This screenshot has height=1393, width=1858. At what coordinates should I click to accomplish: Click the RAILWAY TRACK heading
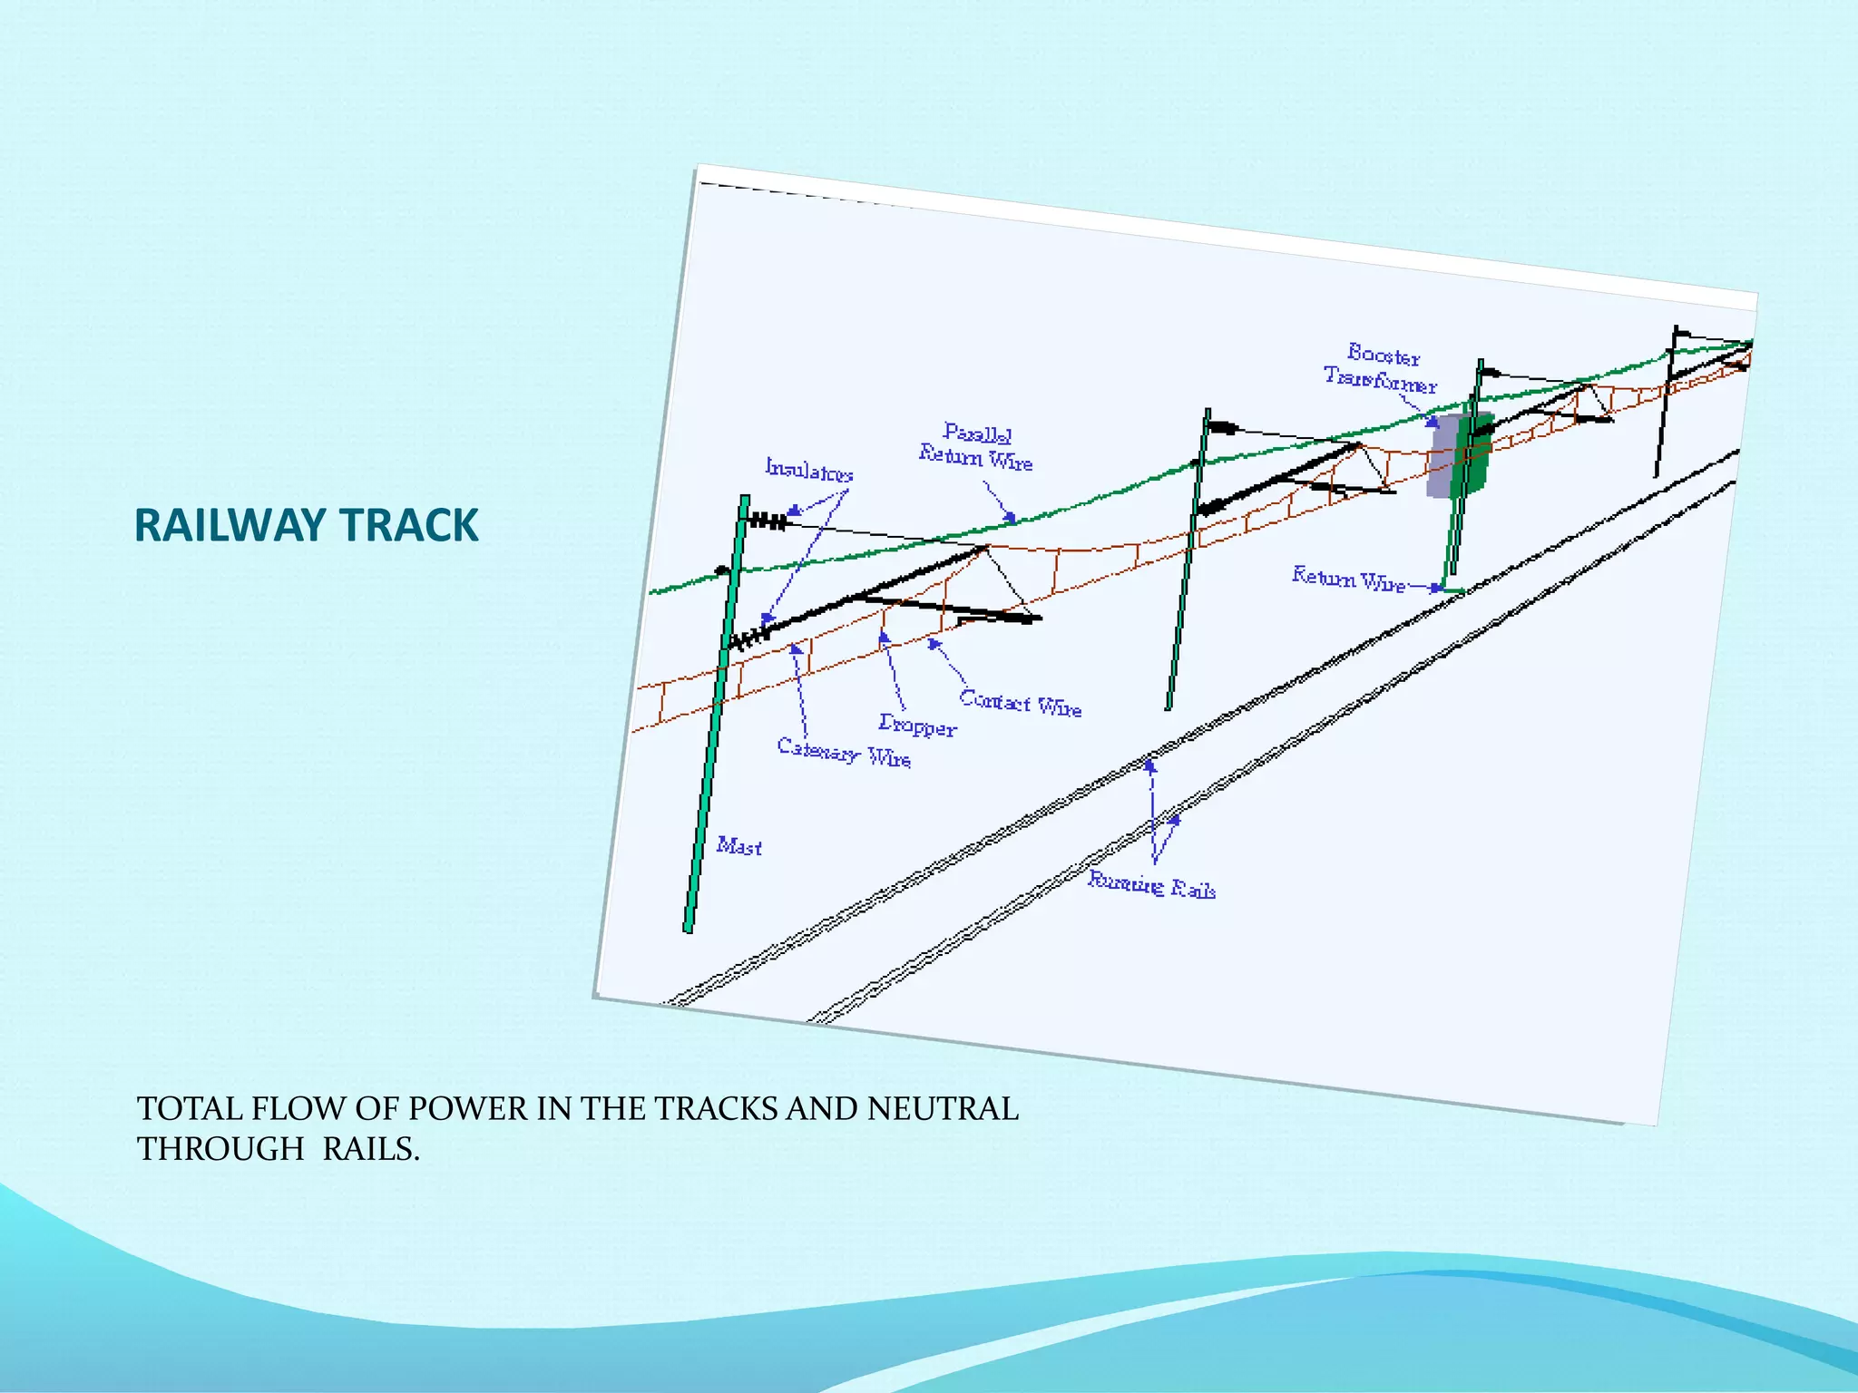tap(306, 526)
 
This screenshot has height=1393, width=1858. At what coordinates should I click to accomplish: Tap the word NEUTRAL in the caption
tap(943, 1108)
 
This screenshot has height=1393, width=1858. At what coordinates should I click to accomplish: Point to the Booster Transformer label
tap(1381, 368)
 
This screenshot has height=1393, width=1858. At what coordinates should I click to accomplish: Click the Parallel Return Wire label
tap(976, 446)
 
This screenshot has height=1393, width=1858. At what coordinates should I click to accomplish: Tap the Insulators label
tap(809, 470)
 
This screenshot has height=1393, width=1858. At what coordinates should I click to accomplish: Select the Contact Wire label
tap(1021, 703)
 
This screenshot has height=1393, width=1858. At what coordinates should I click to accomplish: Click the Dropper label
tap(917, 726)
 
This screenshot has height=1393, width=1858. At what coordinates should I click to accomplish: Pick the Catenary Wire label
tap(844, 752)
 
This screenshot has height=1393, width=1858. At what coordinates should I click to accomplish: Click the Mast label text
tap(738, 846)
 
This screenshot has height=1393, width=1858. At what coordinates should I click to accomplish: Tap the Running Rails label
tap(1151, 884)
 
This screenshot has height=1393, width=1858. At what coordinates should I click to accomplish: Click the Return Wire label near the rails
tap(1348, 579)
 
